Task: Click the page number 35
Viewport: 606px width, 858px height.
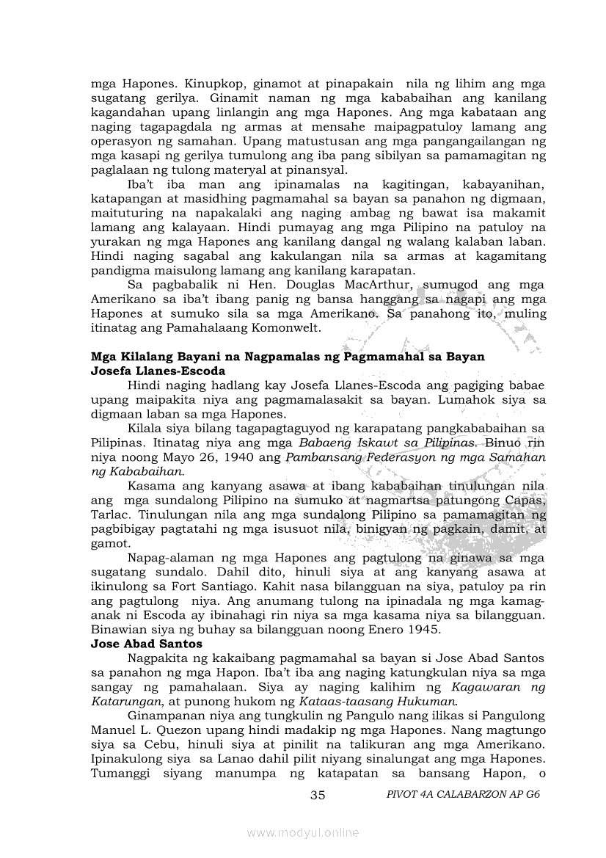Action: click(318, 796)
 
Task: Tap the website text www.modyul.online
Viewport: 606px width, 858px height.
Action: click(303, 832)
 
